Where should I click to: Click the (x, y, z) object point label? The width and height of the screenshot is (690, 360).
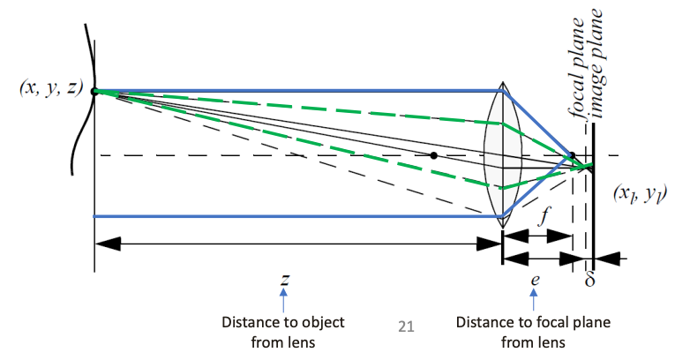[45, 90]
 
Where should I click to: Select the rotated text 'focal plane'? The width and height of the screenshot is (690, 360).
[579, 67]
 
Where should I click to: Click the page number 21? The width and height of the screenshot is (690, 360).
[406, 327]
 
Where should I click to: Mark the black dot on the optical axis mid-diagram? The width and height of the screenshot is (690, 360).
[433, 156]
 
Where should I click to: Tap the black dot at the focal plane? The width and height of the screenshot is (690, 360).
[573, 156]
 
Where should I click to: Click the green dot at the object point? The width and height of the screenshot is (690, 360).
[94, 91]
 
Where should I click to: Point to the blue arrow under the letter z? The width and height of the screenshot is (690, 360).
[285, 299]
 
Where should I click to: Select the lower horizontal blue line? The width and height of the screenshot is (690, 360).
[291, 215]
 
